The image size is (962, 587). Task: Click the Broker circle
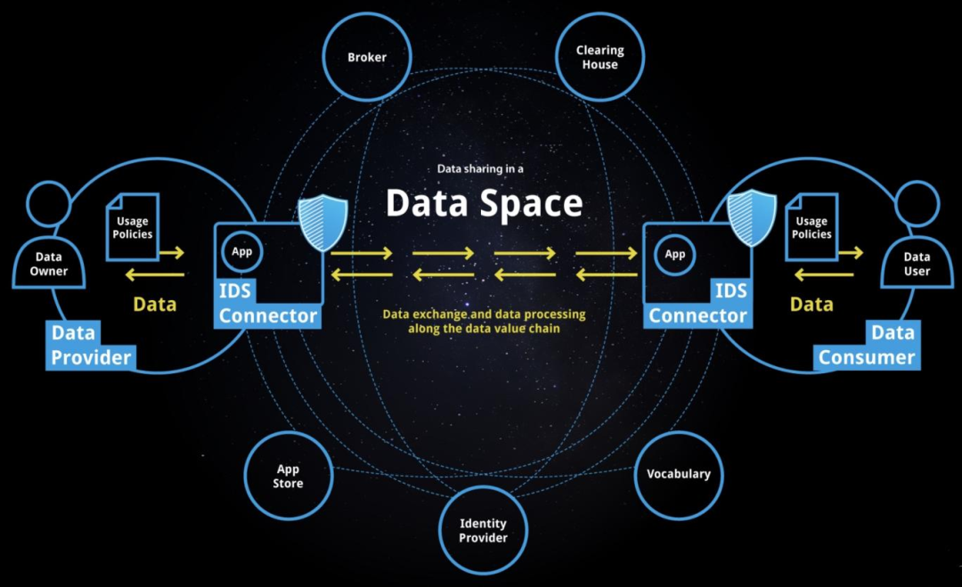[367, 57]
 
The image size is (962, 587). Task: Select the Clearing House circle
[600, 57]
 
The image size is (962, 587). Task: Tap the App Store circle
[289, 476]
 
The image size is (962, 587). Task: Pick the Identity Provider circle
[484, 531]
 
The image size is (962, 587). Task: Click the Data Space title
[484, 203]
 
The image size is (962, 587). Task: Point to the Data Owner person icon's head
[48, 204]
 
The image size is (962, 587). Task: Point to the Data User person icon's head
[917, 204]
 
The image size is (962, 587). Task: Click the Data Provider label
[91, 346]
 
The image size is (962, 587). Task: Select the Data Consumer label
[867, 346]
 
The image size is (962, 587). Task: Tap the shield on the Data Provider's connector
[322, 223]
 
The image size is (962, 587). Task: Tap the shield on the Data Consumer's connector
[752, 218]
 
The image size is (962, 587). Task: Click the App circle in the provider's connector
[241, 251]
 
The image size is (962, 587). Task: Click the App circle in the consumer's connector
[675, 254]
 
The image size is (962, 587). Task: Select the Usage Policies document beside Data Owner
[133, 227]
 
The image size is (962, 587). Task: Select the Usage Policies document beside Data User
[811, 227]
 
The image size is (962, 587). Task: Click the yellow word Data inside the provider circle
[155, 305]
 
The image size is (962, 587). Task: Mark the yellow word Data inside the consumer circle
[811, 305]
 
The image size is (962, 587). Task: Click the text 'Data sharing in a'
[480, 168]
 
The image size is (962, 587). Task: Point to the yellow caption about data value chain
[484, 322]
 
